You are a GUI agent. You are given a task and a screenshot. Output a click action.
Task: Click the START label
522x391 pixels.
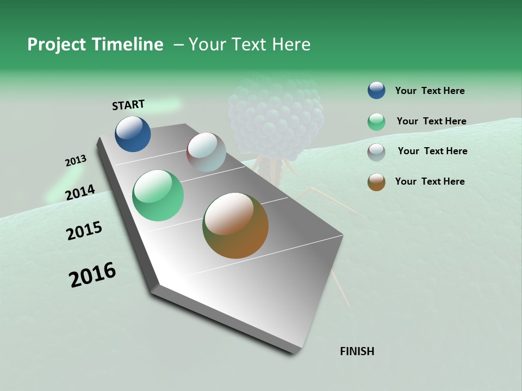[x=128, y=105]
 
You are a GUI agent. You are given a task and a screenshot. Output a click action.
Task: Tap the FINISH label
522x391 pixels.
[x=357, y=351]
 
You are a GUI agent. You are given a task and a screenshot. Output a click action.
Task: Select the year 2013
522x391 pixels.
[x=76, y=161]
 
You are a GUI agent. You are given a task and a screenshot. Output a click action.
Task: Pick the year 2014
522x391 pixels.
[x=80, y=192]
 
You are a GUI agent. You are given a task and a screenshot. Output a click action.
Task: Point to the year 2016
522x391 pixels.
[x=92, y=275]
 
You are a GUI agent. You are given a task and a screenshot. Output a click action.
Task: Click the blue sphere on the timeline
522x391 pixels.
[x=133, y=134]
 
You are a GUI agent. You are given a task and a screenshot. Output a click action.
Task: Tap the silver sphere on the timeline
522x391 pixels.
[x=206, y=152]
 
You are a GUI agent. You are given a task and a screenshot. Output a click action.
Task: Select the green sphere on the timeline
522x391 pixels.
[x=158, y=195]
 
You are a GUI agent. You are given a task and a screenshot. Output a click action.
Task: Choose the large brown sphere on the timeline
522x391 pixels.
[x=235, y=225]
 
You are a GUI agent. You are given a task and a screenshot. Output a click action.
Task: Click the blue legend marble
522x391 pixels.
[x=376, y=90]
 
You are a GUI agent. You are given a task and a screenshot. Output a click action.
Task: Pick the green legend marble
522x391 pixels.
[x=376, y=122]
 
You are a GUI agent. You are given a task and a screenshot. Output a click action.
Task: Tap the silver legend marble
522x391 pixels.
[x=376, y=152]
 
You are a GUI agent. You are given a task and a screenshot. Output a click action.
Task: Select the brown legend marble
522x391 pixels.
[x=376, y=182]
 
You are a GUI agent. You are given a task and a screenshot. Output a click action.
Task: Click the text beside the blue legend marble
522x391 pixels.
[x=430, y=91]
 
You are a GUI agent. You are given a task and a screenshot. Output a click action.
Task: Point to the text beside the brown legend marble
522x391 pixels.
[x=430, y=181]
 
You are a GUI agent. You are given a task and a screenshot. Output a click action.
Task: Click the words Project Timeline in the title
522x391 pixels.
[x=95, y=45]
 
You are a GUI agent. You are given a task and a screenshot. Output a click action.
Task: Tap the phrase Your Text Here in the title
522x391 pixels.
[x=249, y=45]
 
